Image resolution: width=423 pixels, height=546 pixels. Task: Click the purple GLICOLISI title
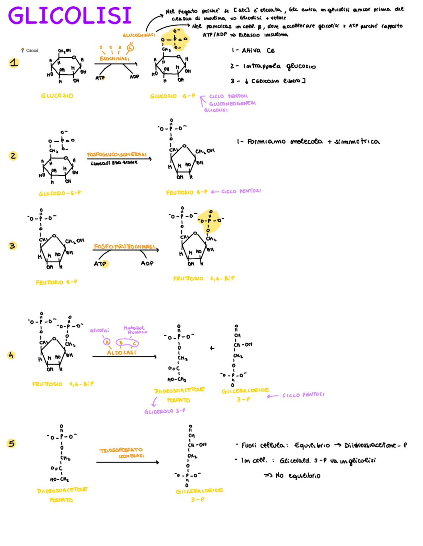70,16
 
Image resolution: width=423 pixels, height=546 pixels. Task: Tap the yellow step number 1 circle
14,63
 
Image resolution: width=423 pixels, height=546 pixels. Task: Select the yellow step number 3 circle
13,246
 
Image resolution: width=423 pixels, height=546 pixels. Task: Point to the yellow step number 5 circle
12,443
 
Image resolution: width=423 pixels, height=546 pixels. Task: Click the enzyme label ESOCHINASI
114,59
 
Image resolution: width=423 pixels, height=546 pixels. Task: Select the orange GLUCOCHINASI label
139,35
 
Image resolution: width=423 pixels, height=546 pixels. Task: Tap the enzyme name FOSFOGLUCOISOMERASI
117,155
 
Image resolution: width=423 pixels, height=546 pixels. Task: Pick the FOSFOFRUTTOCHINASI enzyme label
125,247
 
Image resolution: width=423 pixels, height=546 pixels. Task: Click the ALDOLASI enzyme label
121,353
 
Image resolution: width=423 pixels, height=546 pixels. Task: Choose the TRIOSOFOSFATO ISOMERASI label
122,453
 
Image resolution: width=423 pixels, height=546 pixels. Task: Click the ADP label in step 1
135,77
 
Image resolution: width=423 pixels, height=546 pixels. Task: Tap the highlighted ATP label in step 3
100,264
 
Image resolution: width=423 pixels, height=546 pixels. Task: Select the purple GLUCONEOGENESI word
232,103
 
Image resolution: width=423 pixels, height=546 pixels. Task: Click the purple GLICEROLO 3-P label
165,411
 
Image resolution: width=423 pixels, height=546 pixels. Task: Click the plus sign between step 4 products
212,348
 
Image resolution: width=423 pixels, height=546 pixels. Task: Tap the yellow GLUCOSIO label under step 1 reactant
57,96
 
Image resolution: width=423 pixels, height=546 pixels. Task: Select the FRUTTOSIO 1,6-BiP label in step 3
204,278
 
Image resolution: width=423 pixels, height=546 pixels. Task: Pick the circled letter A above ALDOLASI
107,342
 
